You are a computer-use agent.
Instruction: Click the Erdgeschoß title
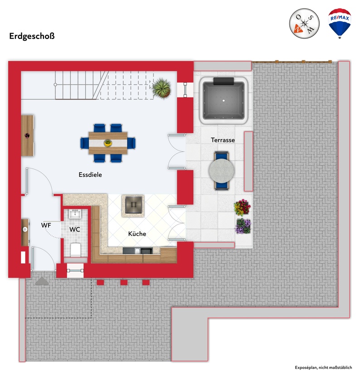32,36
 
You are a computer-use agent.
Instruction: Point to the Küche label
137,234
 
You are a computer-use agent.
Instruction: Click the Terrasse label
223,140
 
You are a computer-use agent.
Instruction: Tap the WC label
75,229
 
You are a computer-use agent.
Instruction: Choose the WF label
46,225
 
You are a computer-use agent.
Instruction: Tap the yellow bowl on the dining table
108,143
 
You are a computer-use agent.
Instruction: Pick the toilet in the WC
75,249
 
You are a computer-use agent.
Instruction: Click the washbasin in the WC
75,214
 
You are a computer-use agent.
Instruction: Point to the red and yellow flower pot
243,208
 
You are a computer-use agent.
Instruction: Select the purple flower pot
243,226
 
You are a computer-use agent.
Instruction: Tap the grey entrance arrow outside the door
42,281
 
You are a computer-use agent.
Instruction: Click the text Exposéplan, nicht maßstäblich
323,367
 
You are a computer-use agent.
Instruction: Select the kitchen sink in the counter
146,251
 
